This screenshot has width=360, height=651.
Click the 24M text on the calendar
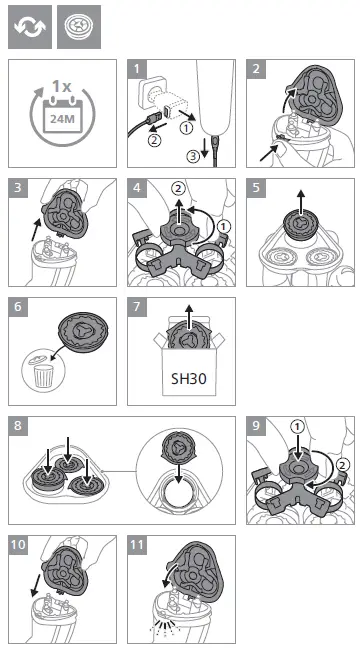coord(62,119)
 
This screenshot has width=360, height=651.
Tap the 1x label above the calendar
coord(62,87)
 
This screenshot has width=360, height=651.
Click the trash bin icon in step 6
coord(42,372)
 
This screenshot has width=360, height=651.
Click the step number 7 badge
coord(137,307)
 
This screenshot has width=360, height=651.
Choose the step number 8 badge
coord(18,426)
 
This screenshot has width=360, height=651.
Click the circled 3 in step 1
coord(193,156)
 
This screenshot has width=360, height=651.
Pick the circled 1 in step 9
coord(297,426)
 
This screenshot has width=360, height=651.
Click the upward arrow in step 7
coord(189,316)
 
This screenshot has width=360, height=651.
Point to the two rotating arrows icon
coord(30,27)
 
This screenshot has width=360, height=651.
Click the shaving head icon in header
coord(79,27)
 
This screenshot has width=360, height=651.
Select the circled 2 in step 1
coord(153,140)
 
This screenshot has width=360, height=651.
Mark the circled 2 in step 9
coord(341,465)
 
